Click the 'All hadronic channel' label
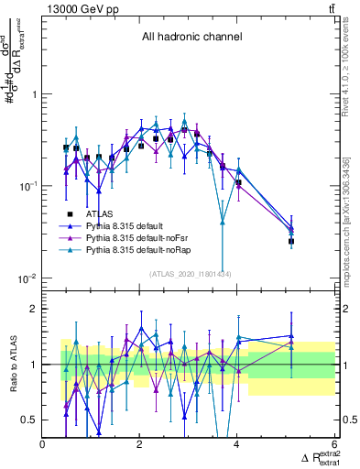pos(191,38)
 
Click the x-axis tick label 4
pos(237,444)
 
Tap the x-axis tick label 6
pos(334,444)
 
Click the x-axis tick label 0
pos(43,444)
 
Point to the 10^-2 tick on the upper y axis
pos(28,278)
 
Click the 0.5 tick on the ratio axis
pos(29,420)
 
